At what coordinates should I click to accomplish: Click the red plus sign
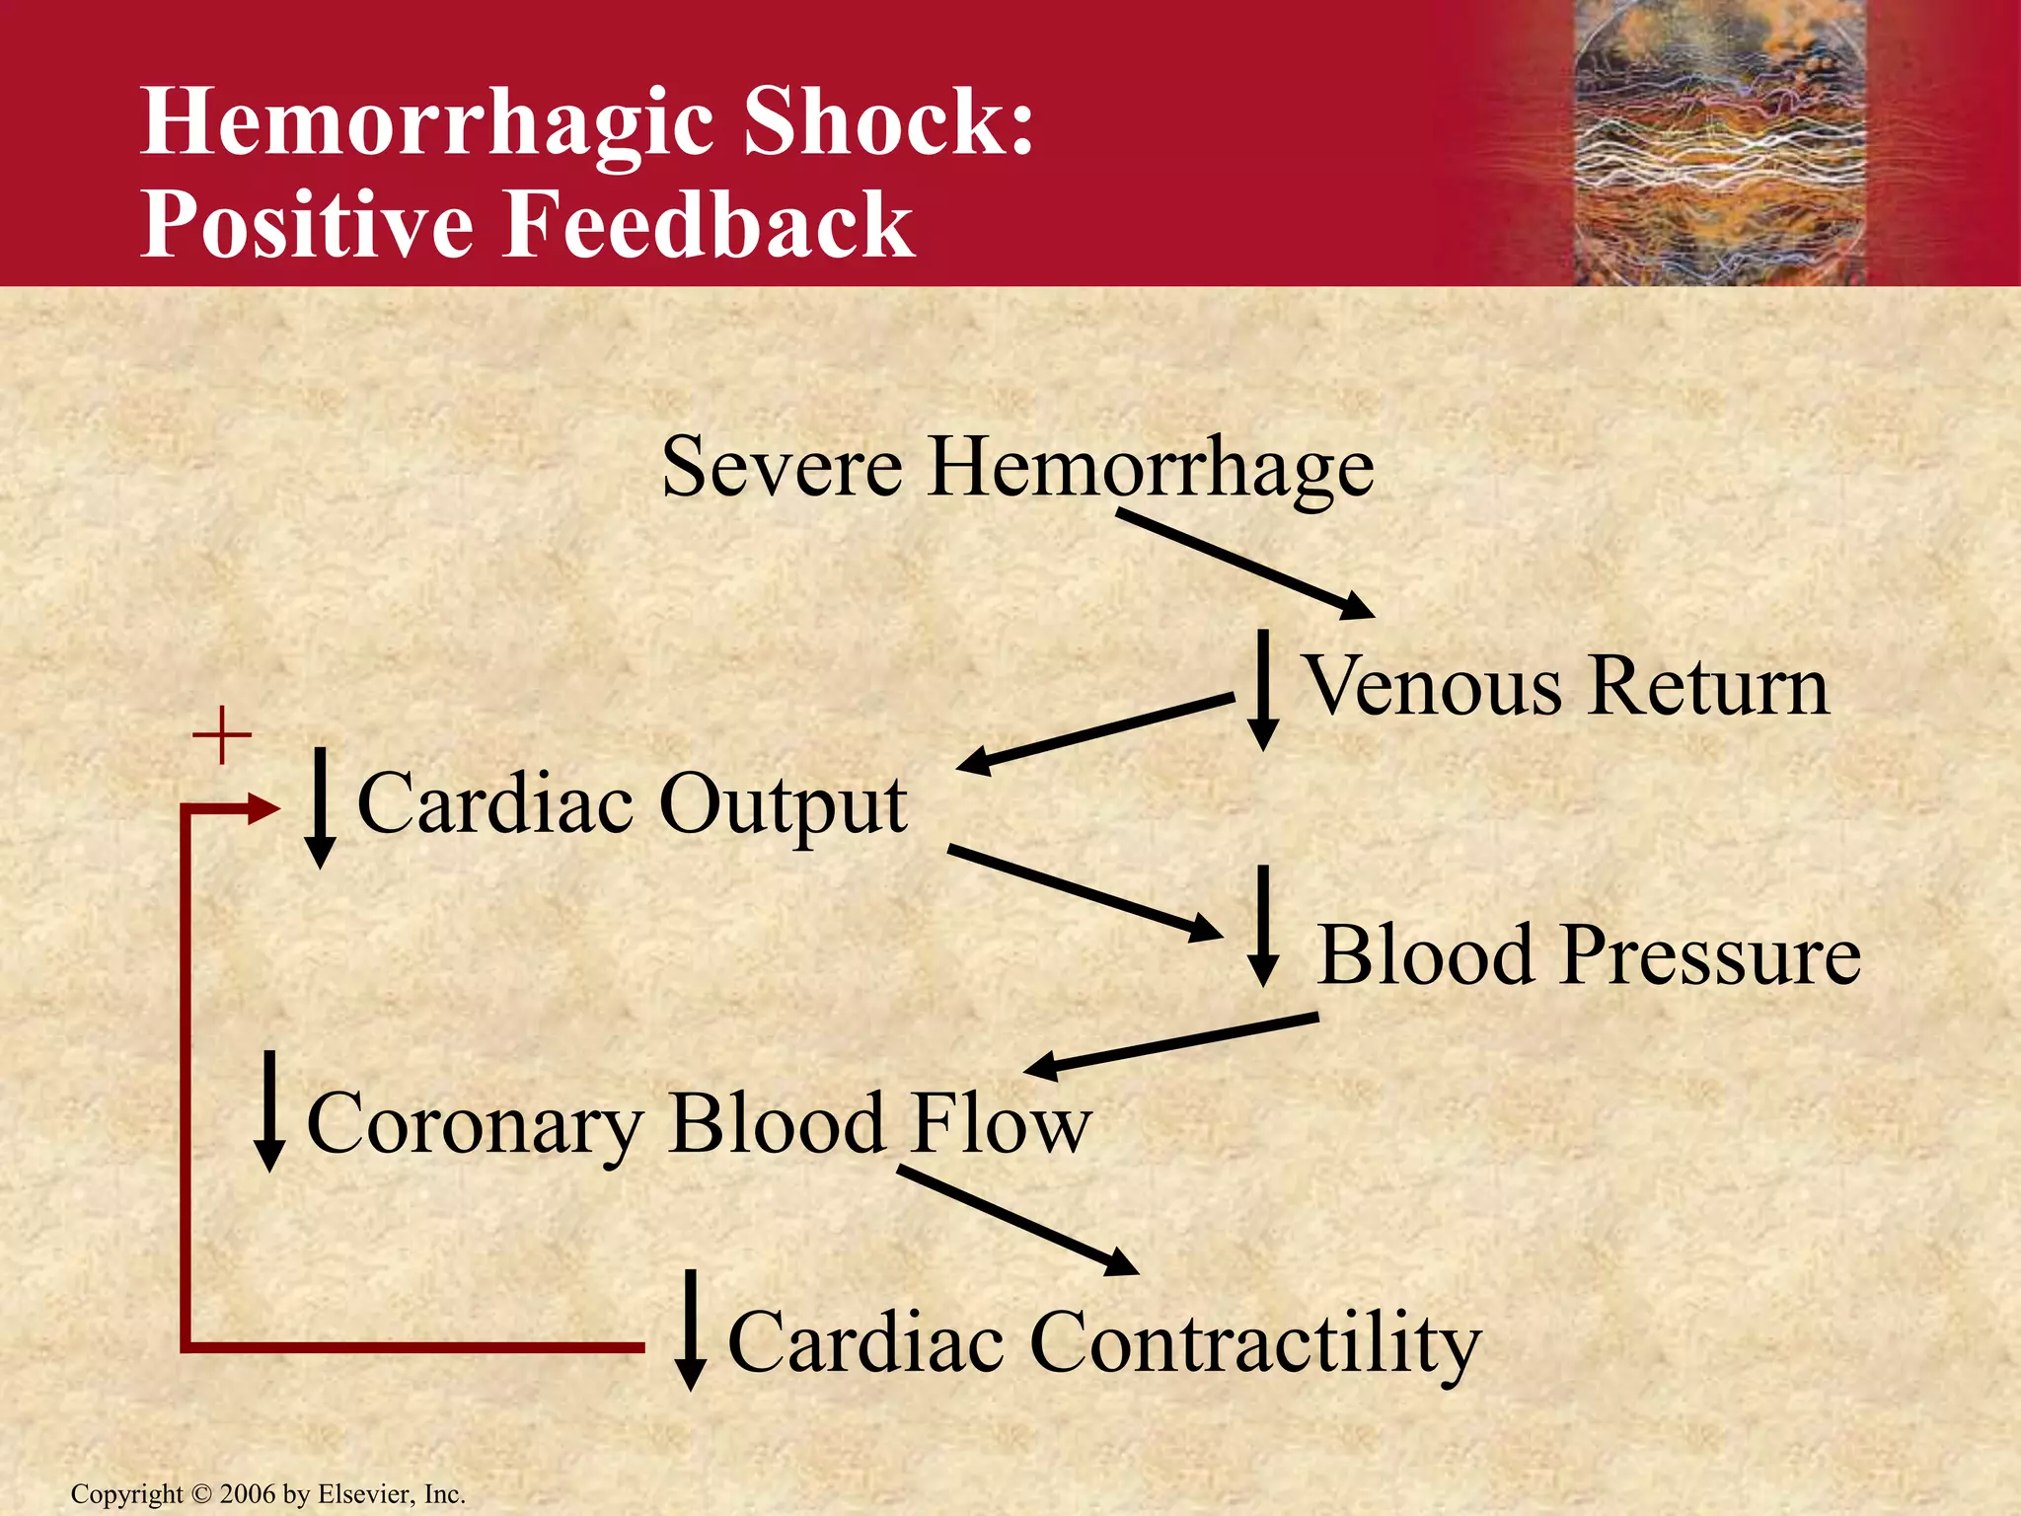click(222, 735)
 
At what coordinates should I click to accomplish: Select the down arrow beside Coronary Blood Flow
click(268, 1110)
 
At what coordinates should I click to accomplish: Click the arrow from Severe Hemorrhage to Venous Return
click(1243, 563)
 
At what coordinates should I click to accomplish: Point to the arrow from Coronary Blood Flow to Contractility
click(1016, 1220)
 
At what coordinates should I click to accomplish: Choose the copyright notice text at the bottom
click(268, 1494)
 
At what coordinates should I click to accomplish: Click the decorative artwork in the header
click(1717, 143)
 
